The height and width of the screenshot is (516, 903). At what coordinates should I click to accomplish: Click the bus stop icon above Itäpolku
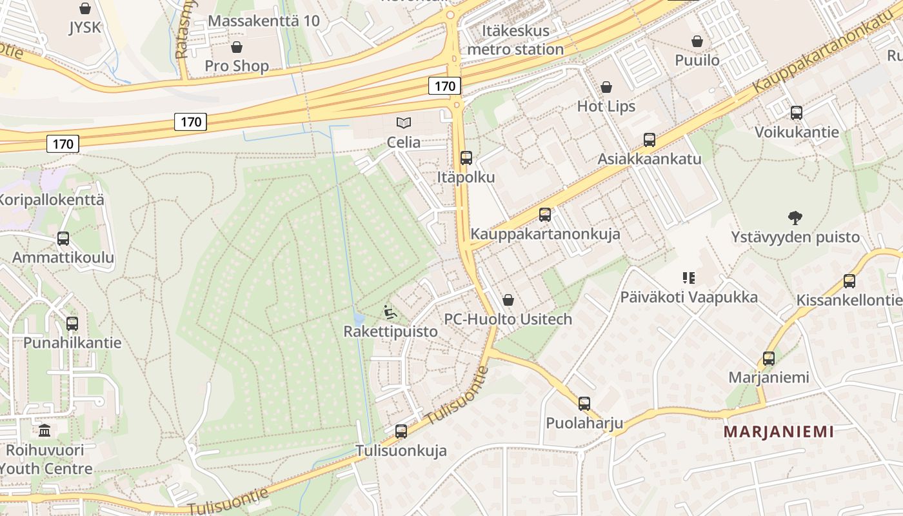tap(466, 158)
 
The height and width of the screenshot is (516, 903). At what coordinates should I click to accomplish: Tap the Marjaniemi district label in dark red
tap(779, 432)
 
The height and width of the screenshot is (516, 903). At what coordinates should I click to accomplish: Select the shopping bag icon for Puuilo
tap(697, 42)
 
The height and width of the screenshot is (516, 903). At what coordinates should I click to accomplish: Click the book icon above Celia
tap(404, 123)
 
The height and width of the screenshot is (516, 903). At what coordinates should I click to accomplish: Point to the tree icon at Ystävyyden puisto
tap(795, 218)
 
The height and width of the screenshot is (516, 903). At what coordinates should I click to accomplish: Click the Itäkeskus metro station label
tap(515, 39)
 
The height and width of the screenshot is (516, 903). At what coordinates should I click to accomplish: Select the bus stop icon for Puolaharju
tap(584, 404)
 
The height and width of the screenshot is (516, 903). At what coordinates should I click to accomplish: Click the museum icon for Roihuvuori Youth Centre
tap(45, 430)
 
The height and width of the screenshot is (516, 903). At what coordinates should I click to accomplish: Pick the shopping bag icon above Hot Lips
tap(606, 87)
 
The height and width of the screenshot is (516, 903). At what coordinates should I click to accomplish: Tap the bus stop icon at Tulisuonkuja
tap(401, 432)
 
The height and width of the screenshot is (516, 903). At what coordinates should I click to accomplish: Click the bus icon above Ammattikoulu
tap(63, 239)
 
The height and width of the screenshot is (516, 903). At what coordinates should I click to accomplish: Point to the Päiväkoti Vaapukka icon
tap(689, 278)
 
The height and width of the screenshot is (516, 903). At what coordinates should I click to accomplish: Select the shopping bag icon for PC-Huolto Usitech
tap(508, 300)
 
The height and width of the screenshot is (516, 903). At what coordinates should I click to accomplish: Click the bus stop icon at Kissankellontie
tap(849, 281)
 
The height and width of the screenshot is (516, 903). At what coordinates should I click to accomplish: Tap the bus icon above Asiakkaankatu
tap(650, 140)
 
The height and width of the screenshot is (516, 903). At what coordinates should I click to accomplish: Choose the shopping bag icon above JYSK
tap(84, 8)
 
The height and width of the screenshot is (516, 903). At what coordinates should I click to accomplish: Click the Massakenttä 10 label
tap(264, 21)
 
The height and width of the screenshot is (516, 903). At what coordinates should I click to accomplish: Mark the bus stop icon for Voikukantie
tap(797, 113)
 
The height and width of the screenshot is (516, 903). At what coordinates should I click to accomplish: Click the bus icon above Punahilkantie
tap(72, 324)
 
